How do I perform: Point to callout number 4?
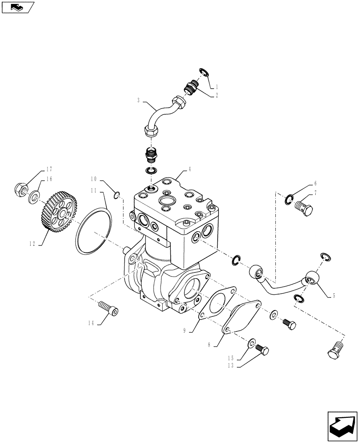[x=189, y=169]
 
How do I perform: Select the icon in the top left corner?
[x=18, y=7]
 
